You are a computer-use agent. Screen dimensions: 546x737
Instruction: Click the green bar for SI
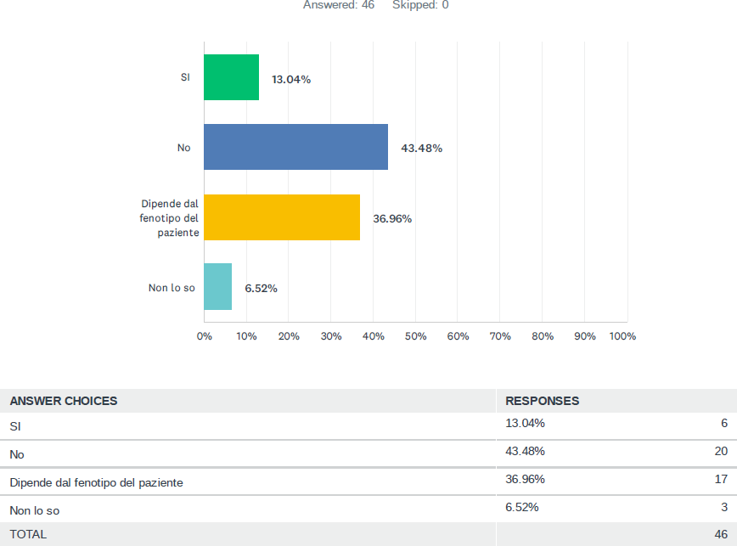tap(231, 77)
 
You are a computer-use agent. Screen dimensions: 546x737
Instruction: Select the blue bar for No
tap(295, 147)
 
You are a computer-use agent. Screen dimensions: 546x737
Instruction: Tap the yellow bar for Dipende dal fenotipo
tap(281, 217)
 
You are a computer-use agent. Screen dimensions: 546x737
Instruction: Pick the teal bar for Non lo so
tap(217, 287)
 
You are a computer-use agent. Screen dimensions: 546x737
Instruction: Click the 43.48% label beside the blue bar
tap(421, 148)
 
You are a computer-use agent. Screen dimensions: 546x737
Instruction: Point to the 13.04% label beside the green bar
tap(291, 80)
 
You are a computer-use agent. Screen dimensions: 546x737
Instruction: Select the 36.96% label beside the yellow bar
tap(392, 218)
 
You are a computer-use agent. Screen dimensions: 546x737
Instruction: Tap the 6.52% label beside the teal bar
tap(261, 288)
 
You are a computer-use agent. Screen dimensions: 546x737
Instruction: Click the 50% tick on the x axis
tap(415, 336)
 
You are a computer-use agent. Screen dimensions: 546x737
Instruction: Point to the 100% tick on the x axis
tap(622, 336)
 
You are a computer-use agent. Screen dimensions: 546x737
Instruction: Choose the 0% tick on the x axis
tap(205, 336)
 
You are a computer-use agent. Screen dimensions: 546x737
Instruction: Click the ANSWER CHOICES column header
tap(64, 401)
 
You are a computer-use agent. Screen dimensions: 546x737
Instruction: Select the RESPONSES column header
tap(542, 401)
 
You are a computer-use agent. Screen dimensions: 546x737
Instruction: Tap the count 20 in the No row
tap(721, 451)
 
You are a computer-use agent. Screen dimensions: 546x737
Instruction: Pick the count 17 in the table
tap(721, 479)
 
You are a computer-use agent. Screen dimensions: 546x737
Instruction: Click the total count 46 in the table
tap(721, 533)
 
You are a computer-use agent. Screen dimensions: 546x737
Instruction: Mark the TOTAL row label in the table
tap(28, 534)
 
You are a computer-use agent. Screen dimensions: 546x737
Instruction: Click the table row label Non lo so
tap(34, 510)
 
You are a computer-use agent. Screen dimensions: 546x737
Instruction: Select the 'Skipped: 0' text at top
tap(420, 5)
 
